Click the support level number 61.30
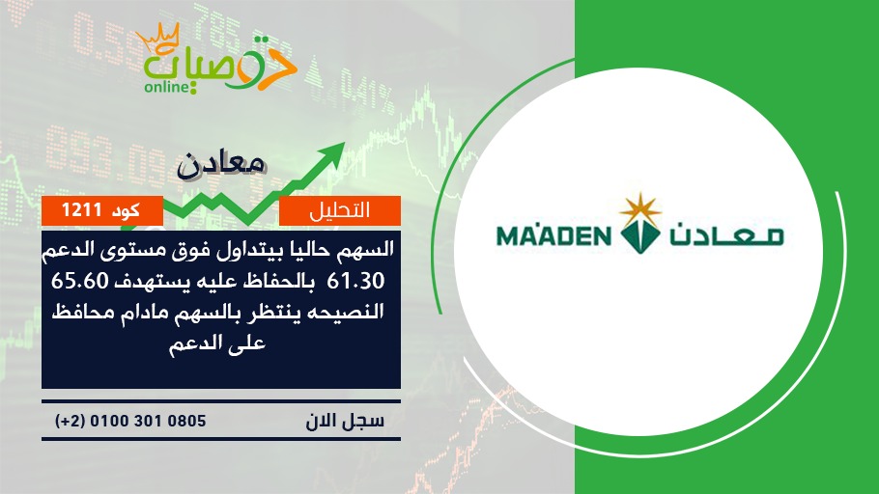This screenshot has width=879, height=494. coord(355,281)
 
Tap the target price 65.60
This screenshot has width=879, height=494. coord(79,281)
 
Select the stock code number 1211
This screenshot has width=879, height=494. coord(81,210)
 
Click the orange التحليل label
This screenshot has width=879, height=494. coord(340,210)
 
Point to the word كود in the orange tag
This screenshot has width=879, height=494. coord(127,210)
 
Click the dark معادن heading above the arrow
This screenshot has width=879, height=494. coord(221,165)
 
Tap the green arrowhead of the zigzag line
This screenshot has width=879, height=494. coord(332,152)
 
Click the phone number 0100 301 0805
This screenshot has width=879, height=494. coord(148,420)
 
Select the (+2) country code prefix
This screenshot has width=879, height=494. coord(71,421)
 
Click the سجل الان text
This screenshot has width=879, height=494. coord(345,421)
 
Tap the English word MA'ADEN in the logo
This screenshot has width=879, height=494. coord(553,235)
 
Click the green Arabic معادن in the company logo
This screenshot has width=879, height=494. coord(726,235)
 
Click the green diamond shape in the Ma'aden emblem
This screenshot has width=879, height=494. coord(639,235)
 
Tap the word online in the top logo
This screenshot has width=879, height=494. coord(166,87)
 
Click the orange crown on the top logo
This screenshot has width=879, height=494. coord(157,38)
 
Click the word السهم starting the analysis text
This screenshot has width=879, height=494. coord(364,249)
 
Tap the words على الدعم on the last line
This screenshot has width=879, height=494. coord(217,343)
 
